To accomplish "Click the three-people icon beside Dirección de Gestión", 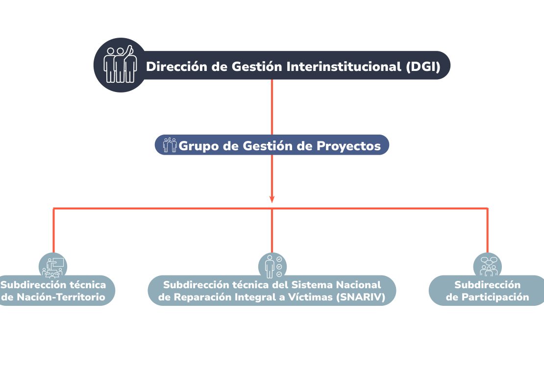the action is [120, 65].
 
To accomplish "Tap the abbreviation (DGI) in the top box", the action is [423, 66].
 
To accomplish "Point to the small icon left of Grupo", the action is [170, 145].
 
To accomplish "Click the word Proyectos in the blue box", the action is [348, 146].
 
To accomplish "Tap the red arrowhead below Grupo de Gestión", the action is [272, 199].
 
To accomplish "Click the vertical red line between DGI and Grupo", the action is [272, 107].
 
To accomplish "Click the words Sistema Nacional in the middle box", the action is [336, 285].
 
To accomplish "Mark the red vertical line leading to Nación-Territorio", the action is [53, 230].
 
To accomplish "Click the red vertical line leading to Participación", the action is [488, 230].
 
